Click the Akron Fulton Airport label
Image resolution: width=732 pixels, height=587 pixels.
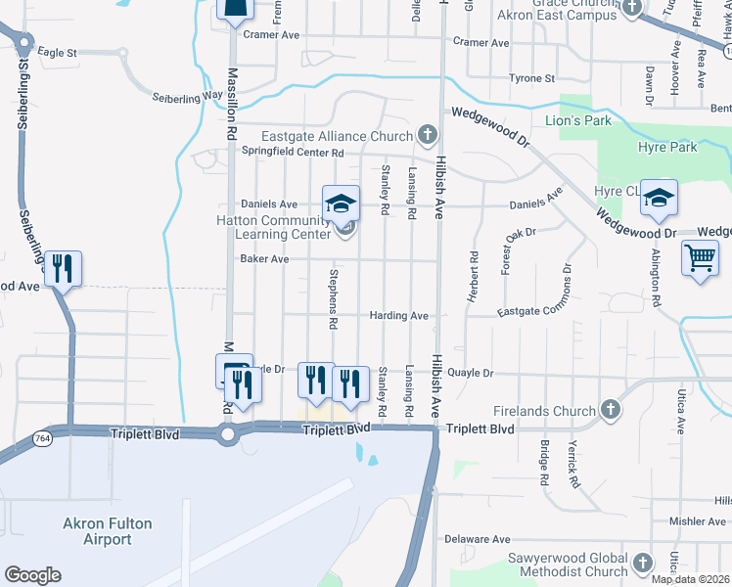point(108,531)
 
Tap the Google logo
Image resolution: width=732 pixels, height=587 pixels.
point(32,575)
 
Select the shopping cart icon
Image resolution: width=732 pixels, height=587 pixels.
point(701,259)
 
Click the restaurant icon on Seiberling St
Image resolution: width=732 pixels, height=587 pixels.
point(64,268)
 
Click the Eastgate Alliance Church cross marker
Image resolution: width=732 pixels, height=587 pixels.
point(426,134)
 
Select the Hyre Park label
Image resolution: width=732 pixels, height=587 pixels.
point(667,147)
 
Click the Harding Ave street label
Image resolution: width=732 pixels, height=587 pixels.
point(399,316)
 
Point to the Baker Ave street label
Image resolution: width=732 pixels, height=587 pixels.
point(264,259)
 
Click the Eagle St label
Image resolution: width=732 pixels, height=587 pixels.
point(57,52)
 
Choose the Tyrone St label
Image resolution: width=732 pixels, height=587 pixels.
point(531,78)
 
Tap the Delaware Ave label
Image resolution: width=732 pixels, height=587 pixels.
point(478,539)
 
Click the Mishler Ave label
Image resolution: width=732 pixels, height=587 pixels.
point(696,522)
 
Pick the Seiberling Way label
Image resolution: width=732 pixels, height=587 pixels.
point(188,97)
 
